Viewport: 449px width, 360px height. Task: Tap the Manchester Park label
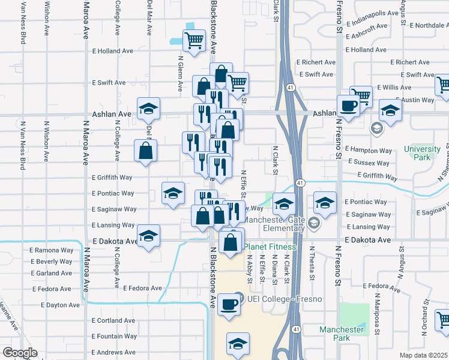coord(342,334)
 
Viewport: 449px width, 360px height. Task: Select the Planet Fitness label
coord(271,247)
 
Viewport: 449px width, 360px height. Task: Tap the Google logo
coord(20,353)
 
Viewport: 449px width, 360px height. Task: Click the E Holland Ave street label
coord(112,51)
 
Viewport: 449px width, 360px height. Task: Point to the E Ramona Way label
coord(52,250)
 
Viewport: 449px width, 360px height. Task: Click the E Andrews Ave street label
coord(116,352)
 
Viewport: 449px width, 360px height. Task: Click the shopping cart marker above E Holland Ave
coord(194,41)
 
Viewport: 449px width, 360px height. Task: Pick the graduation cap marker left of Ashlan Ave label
coord(148,109)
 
